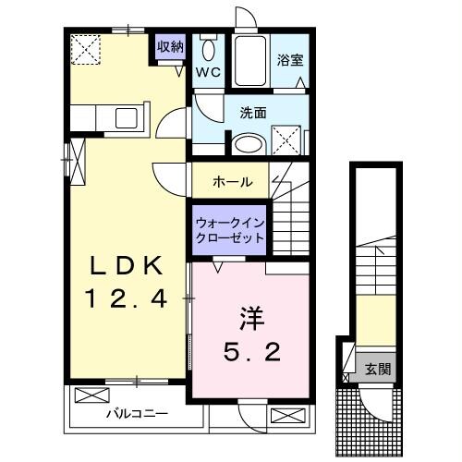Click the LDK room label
coord(128,268)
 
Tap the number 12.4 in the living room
coord(128,298)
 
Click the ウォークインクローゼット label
coord(229,229)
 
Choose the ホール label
coord(232,181)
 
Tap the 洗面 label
coord(253,114)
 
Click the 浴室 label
coord(290,60)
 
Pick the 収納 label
coord(170,45)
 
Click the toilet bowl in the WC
coord(207,50)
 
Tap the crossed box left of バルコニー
coord(91,395)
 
